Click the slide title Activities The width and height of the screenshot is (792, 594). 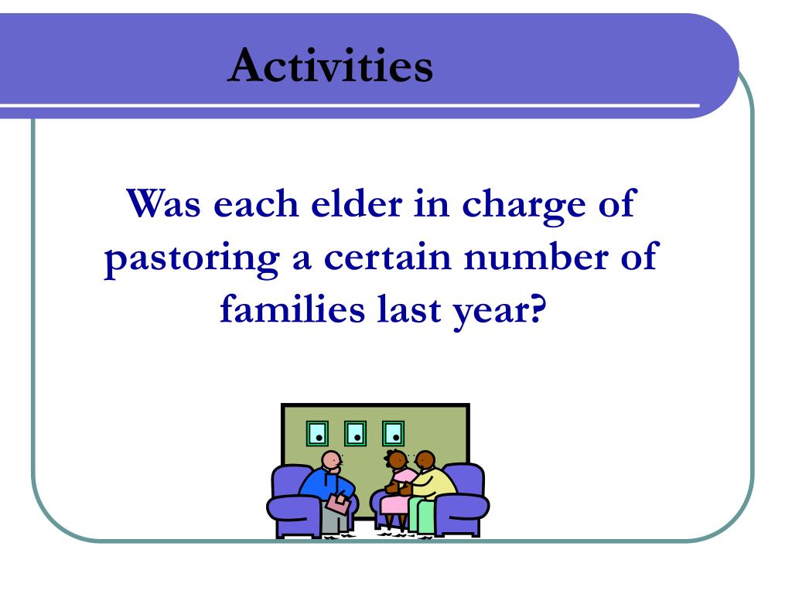pyautogui.click(x=331, y=65)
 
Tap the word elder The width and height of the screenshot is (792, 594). pyautogui.click(x=357, y=203)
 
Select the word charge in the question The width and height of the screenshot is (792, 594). pyautogui.click(x=524, y=206)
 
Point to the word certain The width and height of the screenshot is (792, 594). pyautogui.click(x=387, y=257)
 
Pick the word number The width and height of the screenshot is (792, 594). pyautogui.click(x=536, y=255)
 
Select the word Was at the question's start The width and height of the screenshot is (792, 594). pyautogui.click(x=163, y=203)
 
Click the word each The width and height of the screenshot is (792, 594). pyautogui.click(x=255, y=203)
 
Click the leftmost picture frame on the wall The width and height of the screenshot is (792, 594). pyautogui.click(x=317, y=433)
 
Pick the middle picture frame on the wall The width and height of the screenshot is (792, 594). pyautogui.click(x=355, y=433)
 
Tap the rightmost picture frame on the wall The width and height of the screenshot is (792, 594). pyautogui.click(x=393, y=433)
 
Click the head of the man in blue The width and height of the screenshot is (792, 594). pyautogui.click(x=331, y=461)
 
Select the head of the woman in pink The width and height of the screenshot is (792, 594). pyautogui.click(x=397, y=460)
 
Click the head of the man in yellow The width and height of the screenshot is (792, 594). pyautogui.click(x=425, y=461)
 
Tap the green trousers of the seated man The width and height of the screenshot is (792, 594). pyautogui.click(x=420, y=514)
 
